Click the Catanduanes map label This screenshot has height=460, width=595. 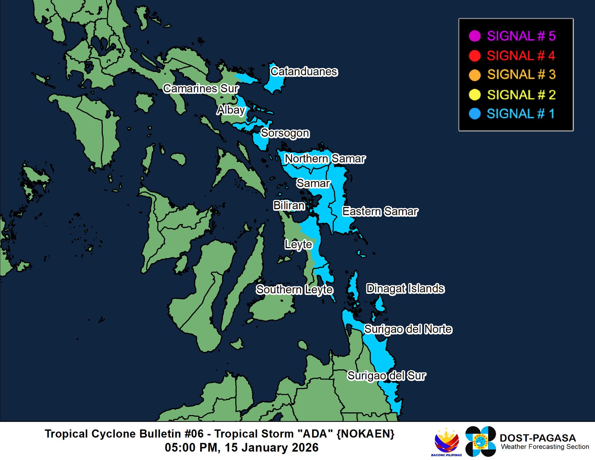click(304, 71)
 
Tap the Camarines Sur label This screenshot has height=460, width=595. click(201, 89)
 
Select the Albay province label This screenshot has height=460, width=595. click(231, 110)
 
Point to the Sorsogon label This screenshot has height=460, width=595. click(285, 133)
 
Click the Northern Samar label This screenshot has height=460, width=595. click(325, 159)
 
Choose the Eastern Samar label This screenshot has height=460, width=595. click(380, 211)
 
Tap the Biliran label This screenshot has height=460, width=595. click(289, 205)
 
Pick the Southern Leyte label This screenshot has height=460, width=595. click(294, 289)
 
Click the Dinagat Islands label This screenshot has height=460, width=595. click(405, 289)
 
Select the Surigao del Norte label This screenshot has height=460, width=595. click(408, 329)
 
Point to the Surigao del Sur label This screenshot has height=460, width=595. click(387, 375)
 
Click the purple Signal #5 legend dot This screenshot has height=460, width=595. click(475, 36)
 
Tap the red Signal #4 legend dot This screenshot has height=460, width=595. click(475, 56)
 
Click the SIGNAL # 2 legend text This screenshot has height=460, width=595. click(521, 95)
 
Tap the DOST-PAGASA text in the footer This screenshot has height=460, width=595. click(537, 438)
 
